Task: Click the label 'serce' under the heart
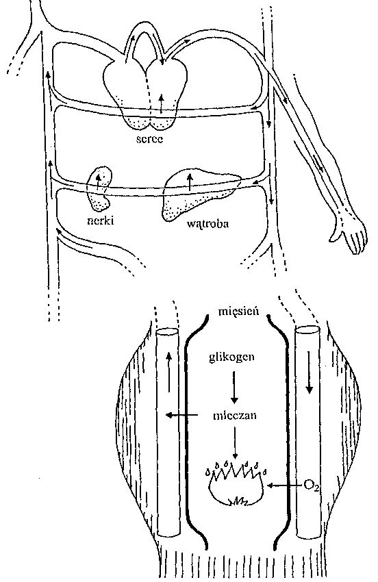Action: [150, 139]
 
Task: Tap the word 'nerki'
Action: [100, 220]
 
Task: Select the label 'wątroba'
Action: [208, 224]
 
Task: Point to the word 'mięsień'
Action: [238, 311]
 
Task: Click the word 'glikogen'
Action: [231, 357]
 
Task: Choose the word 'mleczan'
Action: [235, 415]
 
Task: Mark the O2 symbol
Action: [311, 485]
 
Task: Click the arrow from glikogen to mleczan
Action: [234, 387]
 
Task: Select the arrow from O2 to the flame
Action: [284, 485]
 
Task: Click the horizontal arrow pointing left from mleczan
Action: [181, 415]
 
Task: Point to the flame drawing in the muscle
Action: [236, 483]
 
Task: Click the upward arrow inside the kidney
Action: [98, 182]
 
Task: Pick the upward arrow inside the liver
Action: [190, 181]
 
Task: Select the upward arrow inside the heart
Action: [160, 103]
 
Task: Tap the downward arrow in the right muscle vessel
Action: [309, 372]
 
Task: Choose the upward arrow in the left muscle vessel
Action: [169, 372]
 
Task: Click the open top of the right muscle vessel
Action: [307, 329]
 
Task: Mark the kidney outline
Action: [99, 188]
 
